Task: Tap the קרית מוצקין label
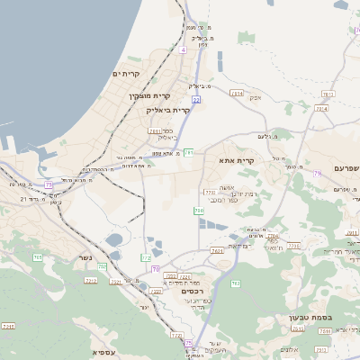point(150,95)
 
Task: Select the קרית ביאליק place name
point(168,110)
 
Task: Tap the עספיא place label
point(104,352)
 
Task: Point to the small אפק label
point(255,96)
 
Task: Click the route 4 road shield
point(183,50)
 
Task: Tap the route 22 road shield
point(195,100)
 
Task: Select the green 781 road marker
point(188,153)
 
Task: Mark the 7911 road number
point(155,131)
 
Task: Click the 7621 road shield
point(217,250)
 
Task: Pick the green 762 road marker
point(235,283)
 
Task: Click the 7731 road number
point(210,192)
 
